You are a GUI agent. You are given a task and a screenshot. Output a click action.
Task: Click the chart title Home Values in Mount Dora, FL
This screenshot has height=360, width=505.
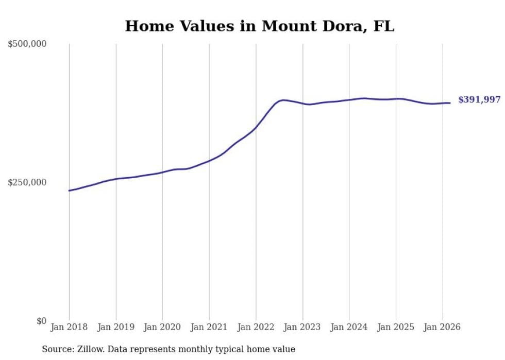pyautogui.click(x=259, y=26)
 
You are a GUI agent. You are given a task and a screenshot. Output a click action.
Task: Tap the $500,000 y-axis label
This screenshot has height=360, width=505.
pyautogui.click(x=27, y=44)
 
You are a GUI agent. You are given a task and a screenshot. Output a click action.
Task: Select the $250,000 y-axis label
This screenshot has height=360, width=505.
pyautogui.click(x=27, y=182)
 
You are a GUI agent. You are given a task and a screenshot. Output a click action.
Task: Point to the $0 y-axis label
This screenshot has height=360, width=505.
pyautogui.click(x=41, y=321)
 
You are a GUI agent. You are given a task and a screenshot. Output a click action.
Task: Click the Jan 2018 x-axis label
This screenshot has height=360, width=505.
pyautogui.click(x=69, y=327)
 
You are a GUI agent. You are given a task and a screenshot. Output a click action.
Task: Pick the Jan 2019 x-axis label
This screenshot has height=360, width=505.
pyautogui.click(x=116, y=327)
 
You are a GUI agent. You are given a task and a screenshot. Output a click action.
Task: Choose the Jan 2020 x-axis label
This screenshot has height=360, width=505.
pyautogui.click(x=162, y=327)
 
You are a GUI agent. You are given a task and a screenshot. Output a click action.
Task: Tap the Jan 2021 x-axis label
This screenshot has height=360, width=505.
pyautogui.click(x=209, y=327)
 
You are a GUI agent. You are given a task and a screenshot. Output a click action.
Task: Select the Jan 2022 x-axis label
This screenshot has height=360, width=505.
pyautogui.click(x=256, y=327)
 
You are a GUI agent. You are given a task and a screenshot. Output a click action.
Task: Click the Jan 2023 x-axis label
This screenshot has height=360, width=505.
pyautogui.click(x=302, y=327)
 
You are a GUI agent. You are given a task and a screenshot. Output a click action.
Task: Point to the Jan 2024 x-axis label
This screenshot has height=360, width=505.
pyautogui.click(x=349, y=327)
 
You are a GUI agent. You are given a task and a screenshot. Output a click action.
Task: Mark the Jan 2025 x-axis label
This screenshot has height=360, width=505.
pyautogui.click(x=396, y=327)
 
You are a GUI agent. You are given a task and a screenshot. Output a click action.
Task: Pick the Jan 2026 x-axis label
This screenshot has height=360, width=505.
pyautogui.click(x=442, y=327)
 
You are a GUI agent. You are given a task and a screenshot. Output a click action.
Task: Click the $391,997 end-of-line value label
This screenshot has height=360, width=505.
pyautogui.click(x=479, y=100)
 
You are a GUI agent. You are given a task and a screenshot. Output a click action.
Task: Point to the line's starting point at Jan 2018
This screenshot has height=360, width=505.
pyautogui.click(x=69, y=191)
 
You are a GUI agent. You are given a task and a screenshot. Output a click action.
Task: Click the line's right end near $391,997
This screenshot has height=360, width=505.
pyautogui.click(x=450, y=103)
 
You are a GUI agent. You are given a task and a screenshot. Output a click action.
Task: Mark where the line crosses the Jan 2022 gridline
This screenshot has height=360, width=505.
pyautogui.click(x=256, y=127)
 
